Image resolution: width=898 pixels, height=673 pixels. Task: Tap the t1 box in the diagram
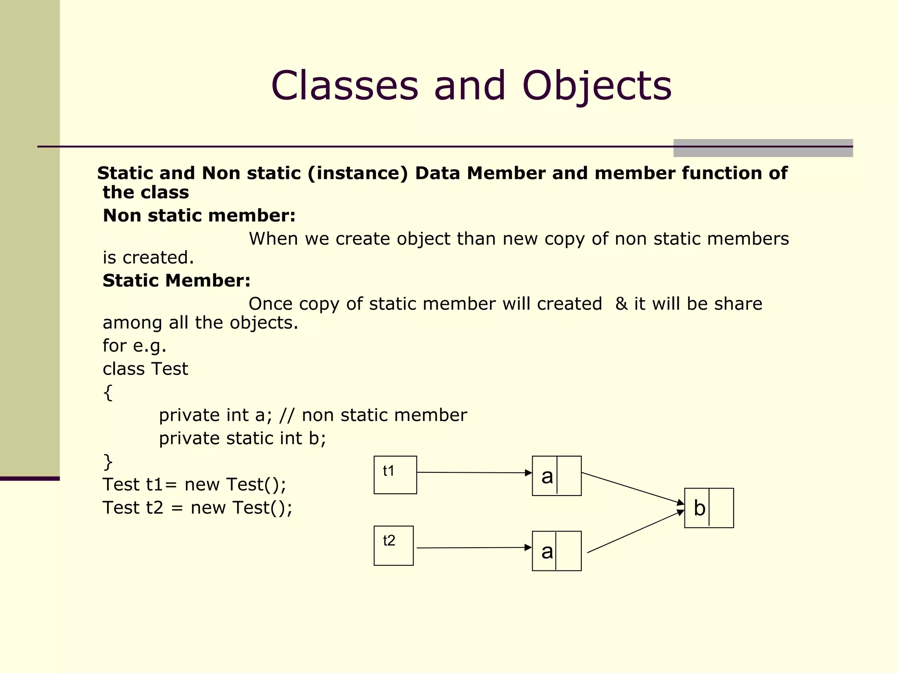coord(395,475)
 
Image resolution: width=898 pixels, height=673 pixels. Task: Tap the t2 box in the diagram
coord(393,545)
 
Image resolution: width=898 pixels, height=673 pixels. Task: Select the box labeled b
coord(709,508)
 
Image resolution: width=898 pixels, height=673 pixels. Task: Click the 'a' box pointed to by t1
coord(556,476)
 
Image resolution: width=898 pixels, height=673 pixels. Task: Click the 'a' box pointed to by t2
coord(556,551)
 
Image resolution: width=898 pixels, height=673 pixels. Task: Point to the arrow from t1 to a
coord(474,473)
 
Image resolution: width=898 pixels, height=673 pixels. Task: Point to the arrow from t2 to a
coord(474,548)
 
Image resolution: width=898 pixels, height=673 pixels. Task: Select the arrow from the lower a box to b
coord(635,531)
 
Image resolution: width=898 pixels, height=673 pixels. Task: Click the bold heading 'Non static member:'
coord(199,216)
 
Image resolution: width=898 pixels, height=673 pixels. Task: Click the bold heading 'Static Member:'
coord(176,280)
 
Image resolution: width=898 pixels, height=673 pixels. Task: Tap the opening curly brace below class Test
coord(108,393)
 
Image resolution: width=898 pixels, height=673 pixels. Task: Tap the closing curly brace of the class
coord(108,462)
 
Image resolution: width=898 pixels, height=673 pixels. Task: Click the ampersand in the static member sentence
coord(621,304)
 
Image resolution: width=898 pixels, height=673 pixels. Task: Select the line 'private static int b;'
coord(242,439)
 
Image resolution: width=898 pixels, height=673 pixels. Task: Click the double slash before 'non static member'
coord(286,415)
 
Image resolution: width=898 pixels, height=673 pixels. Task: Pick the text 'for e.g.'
coord(135,346)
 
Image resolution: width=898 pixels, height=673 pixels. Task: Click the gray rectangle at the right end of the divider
coord(763,148)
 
